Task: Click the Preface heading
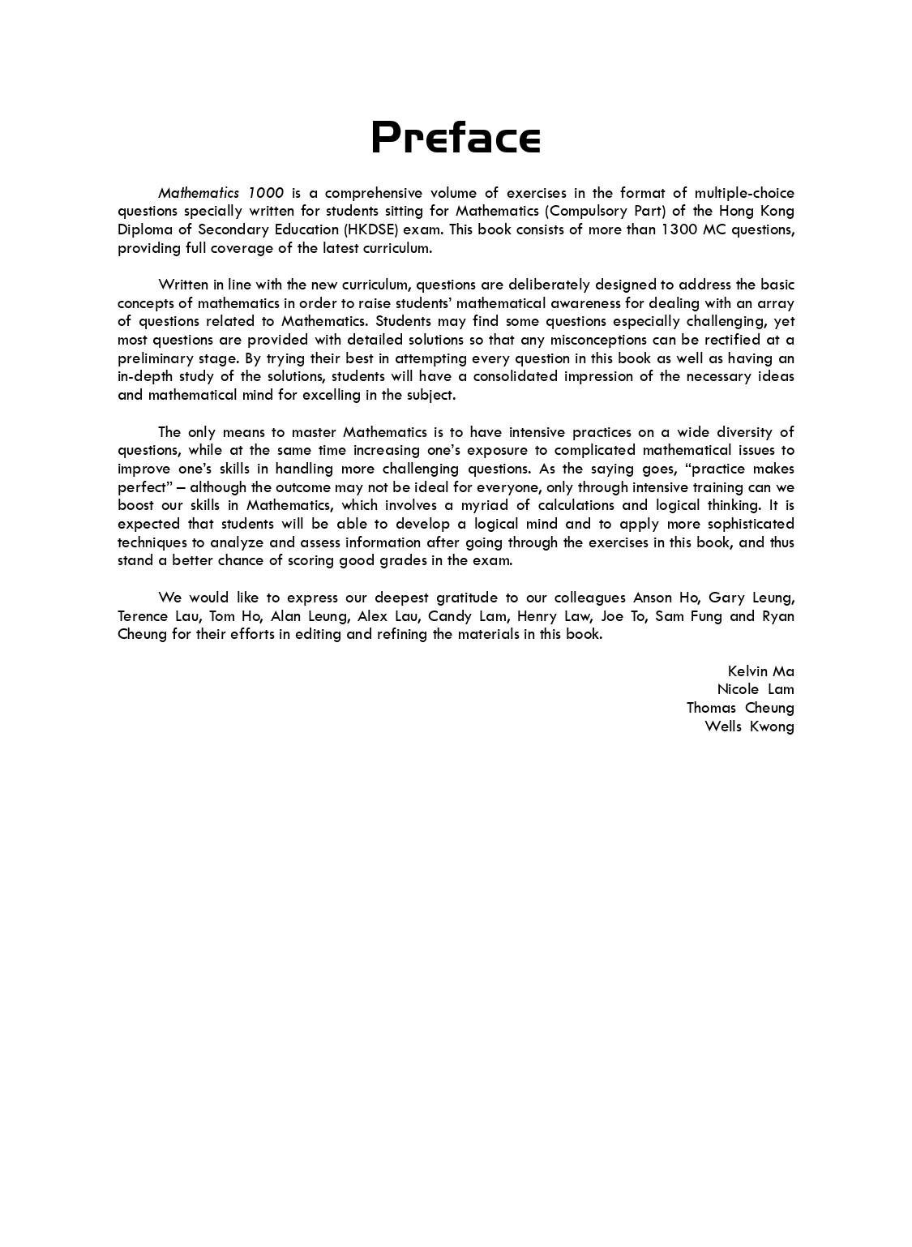coord(456,137)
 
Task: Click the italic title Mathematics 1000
coord(221,193)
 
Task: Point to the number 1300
coord(679,229)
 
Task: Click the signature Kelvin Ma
coord(760,671)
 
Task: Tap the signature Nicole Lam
coord(755,689)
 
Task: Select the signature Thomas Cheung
coord(739,708)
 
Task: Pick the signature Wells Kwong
coord(749,726)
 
